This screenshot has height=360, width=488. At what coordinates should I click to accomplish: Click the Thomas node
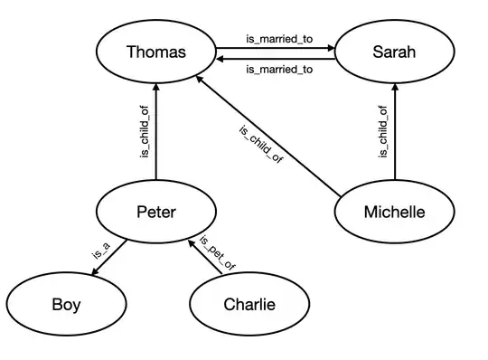pyautogui.click(x=156, y=52)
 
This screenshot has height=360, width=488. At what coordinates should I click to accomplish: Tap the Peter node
pyautogui.click(x=156, y=213)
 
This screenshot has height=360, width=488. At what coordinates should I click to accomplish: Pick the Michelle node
pyautogui.click(x=393, y=213)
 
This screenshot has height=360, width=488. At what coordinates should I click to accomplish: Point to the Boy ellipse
pyautogui.click(x=65, y=304)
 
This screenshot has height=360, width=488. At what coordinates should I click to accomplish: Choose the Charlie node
pyautogui.click(x=249, y=304)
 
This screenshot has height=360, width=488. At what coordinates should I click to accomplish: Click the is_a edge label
pyautogui.click(x=99, y=251)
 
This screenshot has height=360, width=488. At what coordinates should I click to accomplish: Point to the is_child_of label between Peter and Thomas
pyautogui.click(x=144, y=134)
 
